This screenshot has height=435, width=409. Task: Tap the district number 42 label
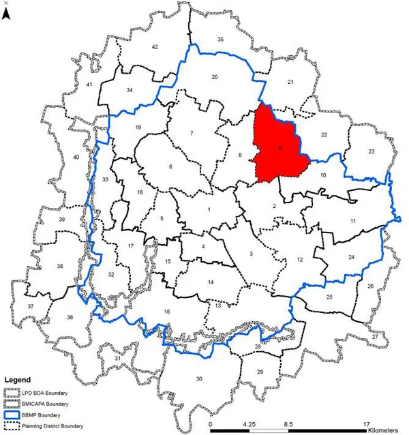(x=155, y=46)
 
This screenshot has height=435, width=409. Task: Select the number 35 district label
(x=220, y=40)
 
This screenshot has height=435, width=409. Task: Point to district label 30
(x=200, y=378)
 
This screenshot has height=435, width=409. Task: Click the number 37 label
(x=30, y=307)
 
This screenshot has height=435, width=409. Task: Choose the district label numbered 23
(x=372, y=151)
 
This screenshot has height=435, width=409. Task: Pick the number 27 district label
(x=374, y=337)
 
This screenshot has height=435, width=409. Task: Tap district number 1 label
(x=209, y=210)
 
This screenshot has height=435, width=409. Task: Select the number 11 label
(x=353, y=222)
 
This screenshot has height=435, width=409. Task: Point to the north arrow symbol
(x=6, y=12)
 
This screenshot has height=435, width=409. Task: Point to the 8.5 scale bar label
(x=289, y=423)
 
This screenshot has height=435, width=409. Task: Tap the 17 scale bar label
(x=366, y=423)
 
